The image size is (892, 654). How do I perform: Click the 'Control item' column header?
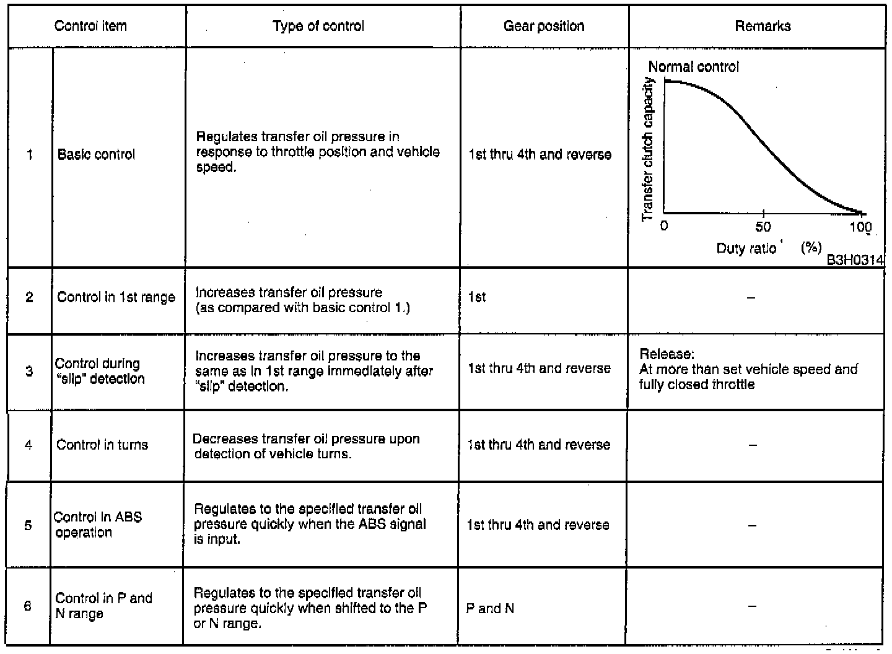pos(90,26)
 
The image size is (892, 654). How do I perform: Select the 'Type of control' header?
pos(318,26)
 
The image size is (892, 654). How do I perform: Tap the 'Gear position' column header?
pos(544,26)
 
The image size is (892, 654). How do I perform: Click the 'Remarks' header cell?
pos(763,26)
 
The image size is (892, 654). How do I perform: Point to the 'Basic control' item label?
pos(96,154)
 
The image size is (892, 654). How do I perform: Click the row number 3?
pos(29,371)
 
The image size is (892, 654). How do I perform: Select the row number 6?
pos(27,606)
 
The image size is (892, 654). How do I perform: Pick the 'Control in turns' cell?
pos(102,445)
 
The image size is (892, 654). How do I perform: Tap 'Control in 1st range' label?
pos(116,297)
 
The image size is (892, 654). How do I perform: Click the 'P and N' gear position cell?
pos(490,608)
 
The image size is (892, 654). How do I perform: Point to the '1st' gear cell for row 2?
pos(477,297)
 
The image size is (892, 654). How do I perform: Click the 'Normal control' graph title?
pos(693,66)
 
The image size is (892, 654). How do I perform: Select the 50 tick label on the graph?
pos(763,227)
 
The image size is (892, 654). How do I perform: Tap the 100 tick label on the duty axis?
pos(860,227)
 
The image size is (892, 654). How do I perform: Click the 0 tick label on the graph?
pos(664,226)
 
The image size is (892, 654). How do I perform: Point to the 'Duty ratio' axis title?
pos(746,249)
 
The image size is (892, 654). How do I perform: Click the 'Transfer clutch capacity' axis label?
pos(648,149)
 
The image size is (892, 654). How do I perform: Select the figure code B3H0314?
pos(855,260)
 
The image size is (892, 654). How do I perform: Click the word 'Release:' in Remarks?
pos(667,354)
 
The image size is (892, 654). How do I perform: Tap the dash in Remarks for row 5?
pos(752,525)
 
